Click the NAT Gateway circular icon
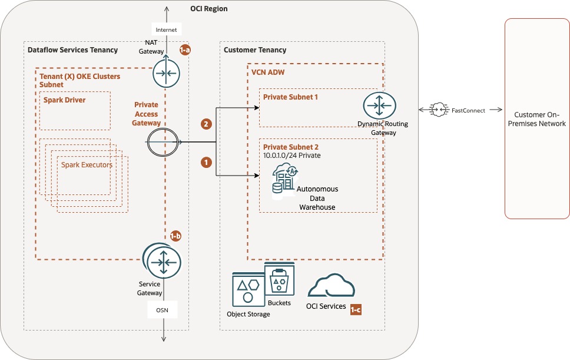pyautogui.click(x=165, y=74)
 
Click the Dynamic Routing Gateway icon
pyautogui.click(x=379, y=106)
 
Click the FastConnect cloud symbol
pyautogui.click(x=439, y=110)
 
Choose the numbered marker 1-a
pyautogui.click(x=184, y=51)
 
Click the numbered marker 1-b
pyautogui.click(x=175, y=236)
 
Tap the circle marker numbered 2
pyautogui.click(x=206, y=124)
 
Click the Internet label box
pyautogui.click(x=165, y=29)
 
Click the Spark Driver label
pyautogui.click(x=64, y=100)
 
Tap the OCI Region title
pyautogui.click(x=208, y=9)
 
